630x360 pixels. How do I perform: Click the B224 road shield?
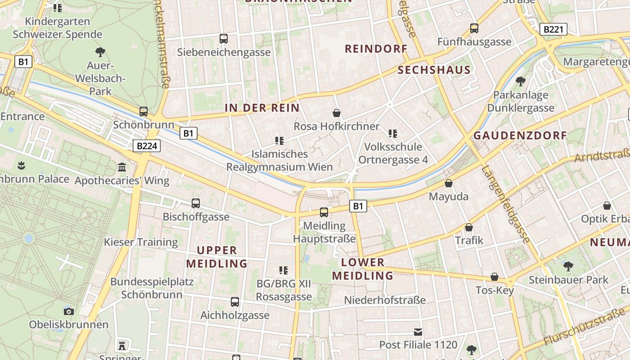click(x=146, y=146)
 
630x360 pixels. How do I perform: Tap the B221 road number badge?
click(x=553, y=30)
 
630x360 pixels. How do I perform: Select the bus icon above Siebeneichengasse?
click(x=224, y=39)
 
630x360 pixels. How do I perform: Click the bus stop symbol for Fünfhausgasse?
click(x=474, y=28)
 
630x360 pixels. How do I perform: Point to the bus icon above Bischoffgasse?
click(x=196, y=203)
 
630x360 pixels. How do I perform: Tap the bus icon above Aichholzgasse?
click(x=235, y=302)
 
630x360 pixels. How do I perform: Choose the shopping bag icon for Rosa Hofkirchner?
click(x=337, y=113)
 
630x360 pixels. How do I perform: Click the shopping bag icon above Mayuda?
click(x=448, y=183)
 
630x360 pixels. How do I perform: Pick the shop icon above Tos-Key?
click(x=495, y=277)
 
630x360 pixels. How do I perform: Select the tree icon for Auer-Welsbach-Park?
click(x=100, y=52)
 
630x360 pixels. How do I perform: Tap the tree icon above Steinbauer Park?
click(x=568, y=266)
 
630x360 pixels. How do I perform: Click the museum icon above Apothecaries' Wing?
click(x=122, y=167)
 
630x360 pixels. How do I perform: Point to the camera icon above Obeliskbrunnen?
click(x=69, y=311)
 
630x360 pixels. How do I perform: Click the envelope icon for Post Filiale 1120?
click(x=418, y=332)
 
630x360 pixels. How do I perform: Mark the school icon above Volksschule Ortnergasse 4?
click(x=393, y=133)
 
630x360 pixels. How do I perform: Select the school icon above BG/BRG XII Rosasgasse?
click(x=283, y=270)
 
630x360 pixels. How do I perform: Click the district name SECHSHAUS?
click(x=434, y=70)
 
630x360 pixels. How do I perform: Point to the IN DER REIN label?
click(x=262, y=108)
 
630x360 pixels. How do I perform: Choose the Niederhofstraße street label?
click(x=385, y=300)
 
